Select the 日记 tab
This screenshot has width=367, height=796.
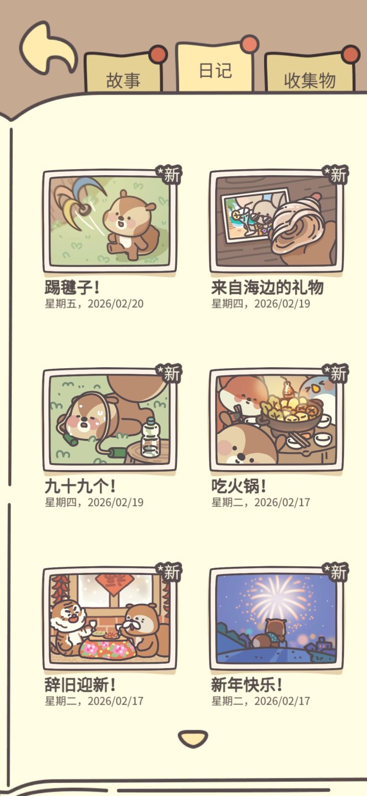coord(215,70)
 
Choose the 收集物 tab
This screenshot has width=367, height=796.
coord(310,75)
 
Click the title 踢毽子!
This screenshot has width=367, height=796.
coord(72,287)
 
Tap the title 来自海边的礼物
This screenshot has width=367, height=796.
coord(268,287)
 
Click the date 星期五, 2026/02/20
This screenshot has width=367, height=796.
coord(94,304)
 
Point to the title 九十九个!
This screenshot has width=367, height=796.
coord(80,486)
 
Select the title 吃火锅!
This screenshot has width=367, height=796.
coord(239,486)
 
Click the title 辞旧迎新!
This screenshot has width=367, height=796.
coord(80,684)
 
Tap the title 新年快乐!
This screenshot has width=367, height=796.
coord(247,684)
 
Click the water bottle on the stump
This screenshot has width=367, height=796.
coord(151,437)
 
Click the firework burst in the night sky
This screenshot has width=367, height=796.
coord(277,597)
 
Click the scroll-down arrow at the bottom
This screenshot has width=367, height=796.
coord(193,738)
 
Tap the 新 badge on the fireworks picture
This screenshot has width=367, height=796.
coord(335,572)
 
